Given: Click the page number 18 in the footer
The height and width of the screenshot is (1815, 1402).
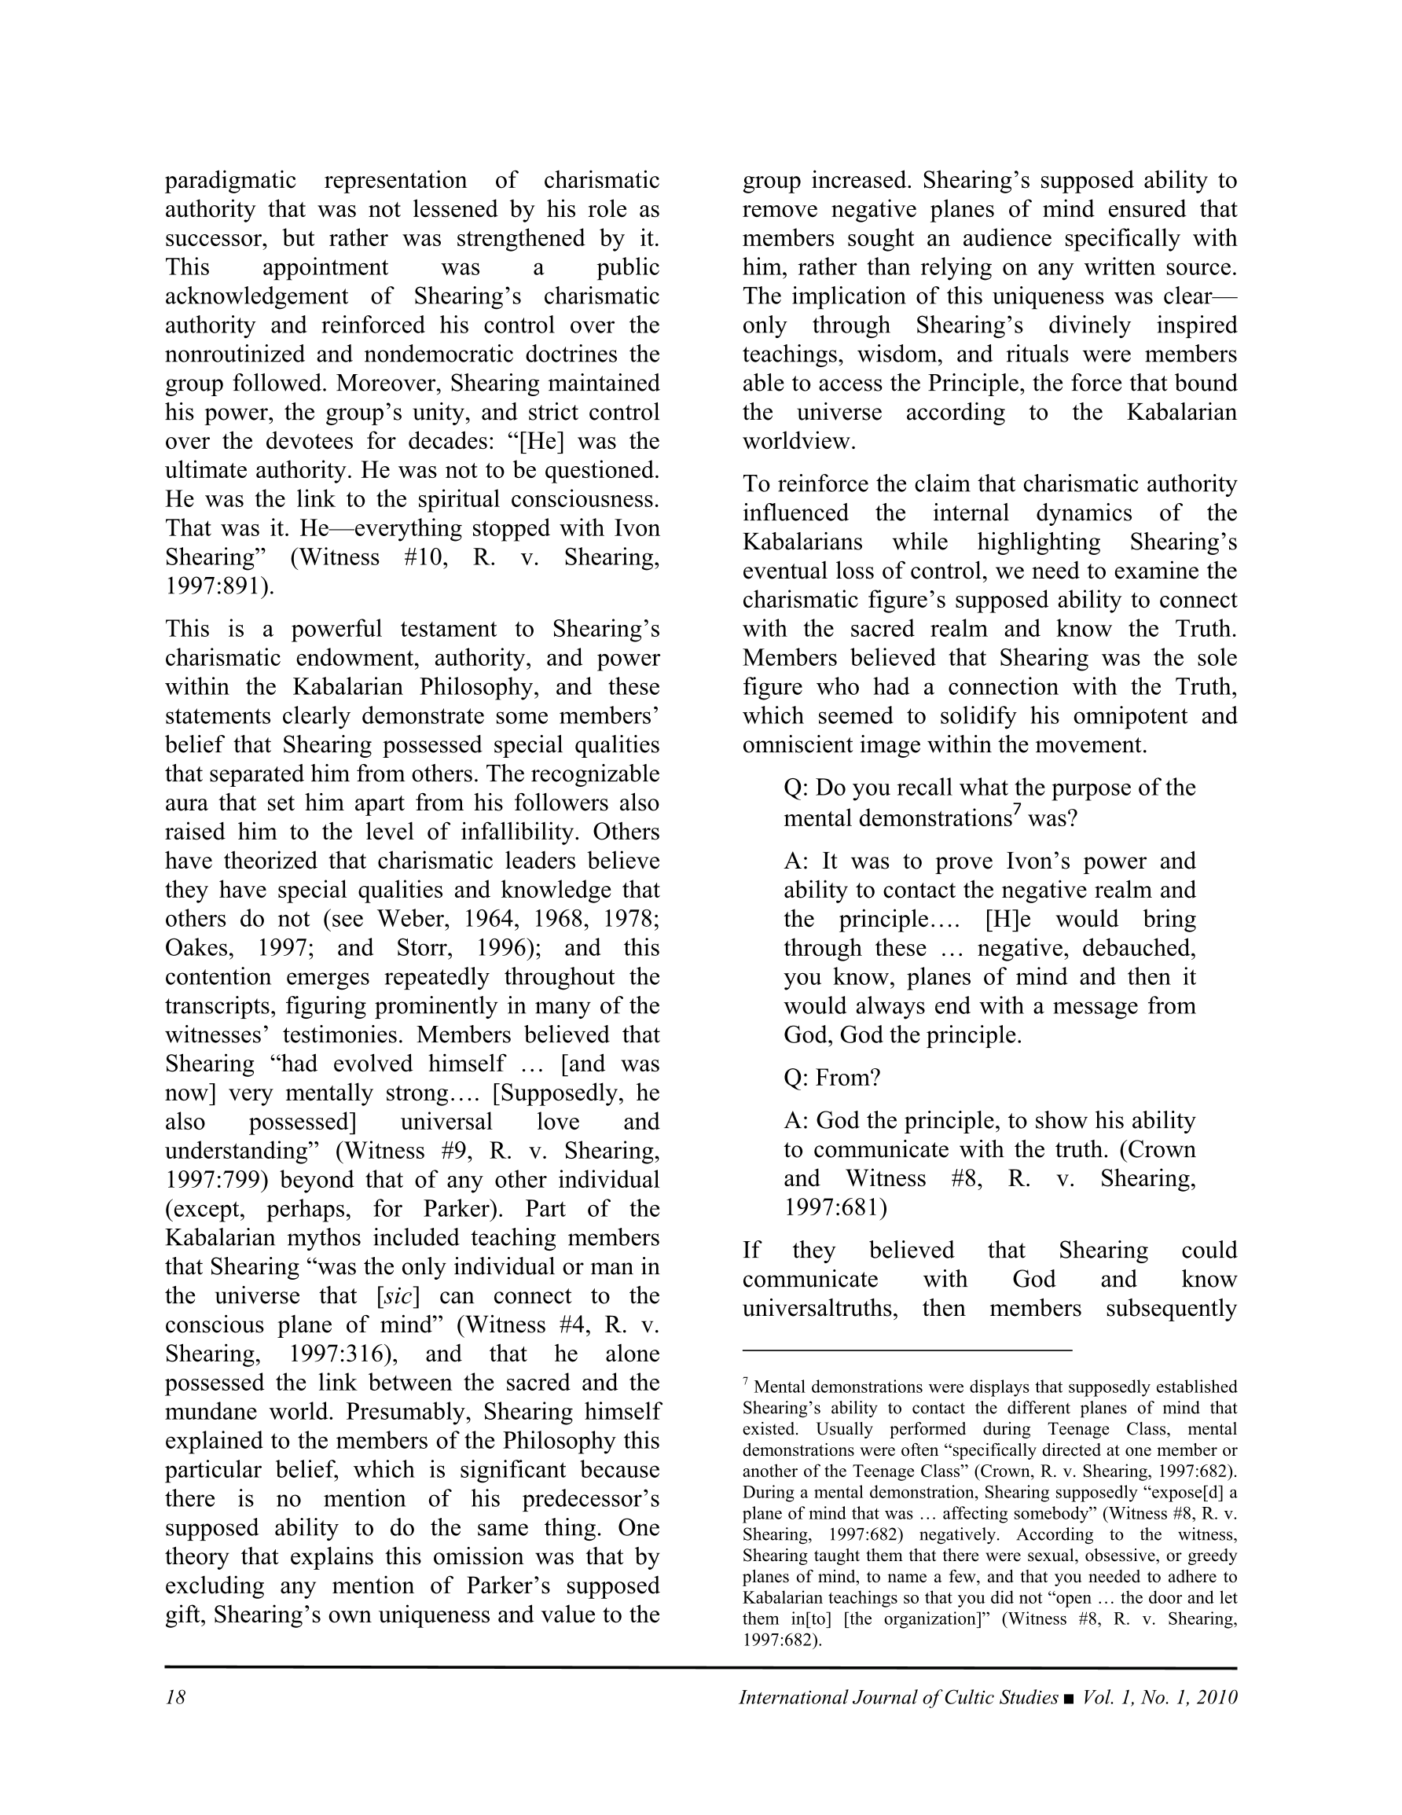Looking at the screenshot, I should pyautogui.click(x=175, y=1697).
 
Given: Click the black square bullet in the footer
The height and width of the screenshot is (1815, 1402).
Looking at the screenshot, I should pyautogui.click(x=1068, y=1698).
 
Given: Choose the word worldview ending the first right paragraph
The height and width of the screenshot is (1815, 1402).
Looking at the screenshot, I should pyautogui.click(x=798, y=441).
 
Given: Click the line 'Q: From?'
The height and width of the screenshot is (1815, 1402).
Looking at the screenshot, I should pyautogui.click(x=832, y=1078).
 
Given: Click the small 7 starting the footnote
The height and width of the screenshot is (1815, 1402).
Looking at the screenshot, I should pyautogui.click(x=747, y=1383).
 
